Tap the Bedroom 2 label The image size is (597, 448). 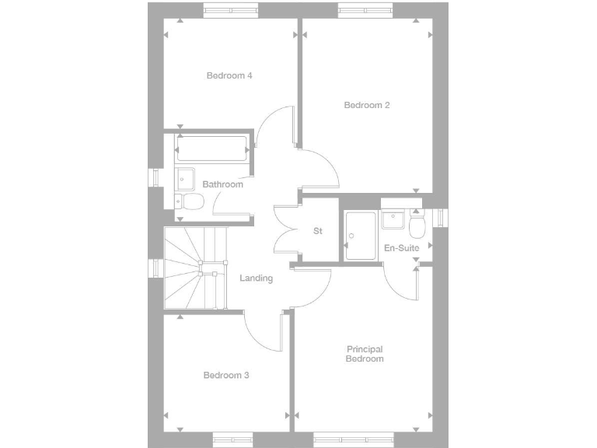coord(367,105)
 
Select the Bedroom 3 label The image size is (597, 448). coord(226,375)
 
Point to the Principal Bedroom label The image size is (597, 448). coord(365,355)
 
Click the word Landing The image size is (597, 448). coord(256,278)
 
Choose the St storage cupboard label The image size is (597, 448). coord(318,231)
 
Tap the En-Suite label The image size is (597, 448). coord(402,248)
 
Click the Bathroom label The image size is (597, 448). coord(222,184)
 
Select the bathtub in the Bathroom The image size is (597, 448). coord(212,148)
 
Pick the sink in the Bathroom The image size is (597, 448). coord(184,178)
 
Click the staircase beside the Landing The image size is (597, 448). coord(194,269)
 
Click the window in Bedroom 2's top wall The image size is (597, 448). coord(365,9)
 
